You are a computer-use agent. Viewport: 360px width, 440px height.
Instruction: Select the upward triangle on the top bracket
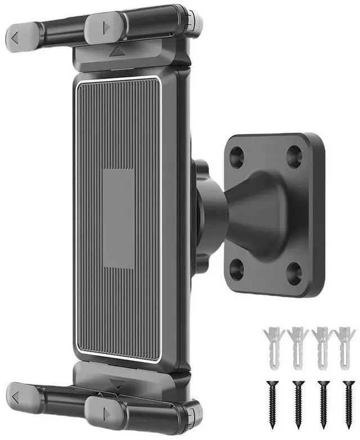click(117, 52)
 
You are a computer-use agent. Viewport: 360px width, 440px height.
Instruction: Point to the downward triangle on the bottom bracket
click(118, 384)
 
